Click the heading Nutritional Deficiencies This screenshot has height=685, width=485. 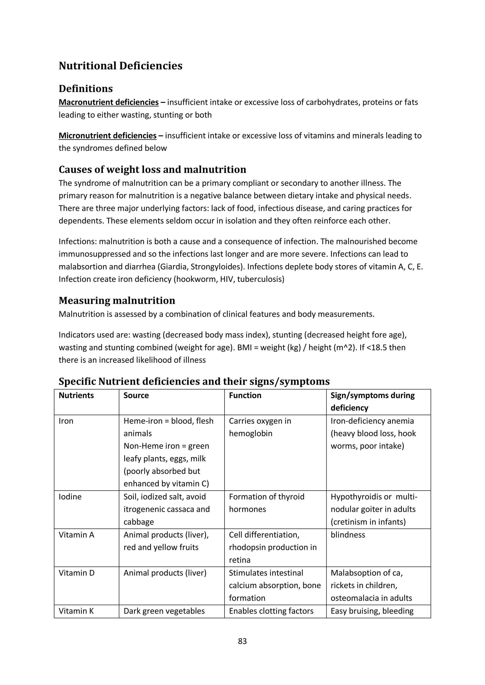coord(120,66)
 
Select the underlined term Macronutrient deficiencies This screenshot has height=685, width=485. coord(108,102)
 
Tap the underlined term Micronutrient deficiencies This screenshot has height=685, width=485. coord(108,136)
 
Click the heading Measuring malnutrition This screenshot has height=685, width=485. coord(117,300)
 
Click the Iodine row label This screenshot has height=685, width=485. coord(70,497)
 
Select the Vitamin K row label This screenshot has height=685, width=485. coord(76,611)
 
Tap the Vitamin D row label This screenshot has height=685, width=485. coord(76,573)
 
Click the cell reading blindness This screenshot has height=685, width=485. coord(348,535)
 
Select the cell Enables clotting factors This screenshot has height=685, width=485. coord(271,611)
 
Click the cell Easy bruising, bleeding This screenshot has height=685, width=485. coord(372,611)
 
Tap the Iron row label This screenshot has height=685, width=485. coord(66,421)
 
